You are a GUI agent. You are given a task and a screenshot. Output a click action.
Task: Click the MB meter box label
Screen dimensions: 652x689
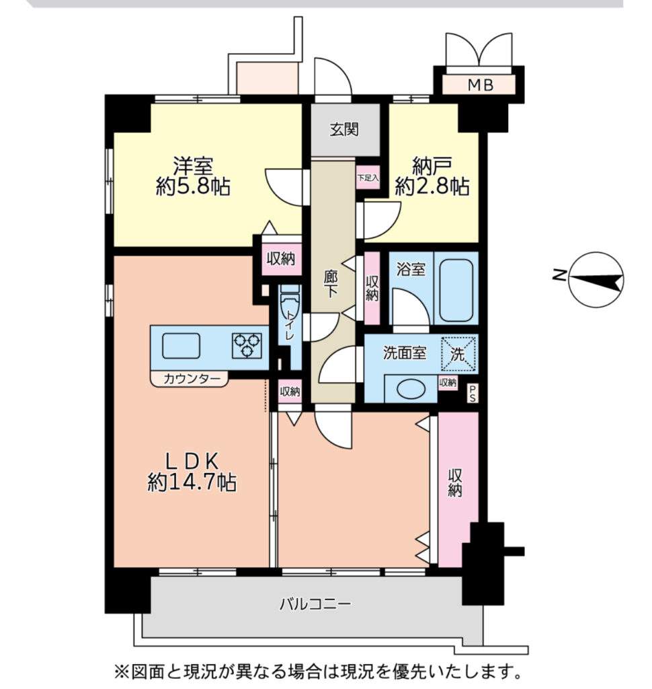pyautogui.click(x=480, y=84)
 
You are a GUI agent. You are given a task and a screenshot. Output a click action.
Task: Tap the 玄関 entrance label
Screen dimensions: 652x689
pyautogui.click(x=344, y=129)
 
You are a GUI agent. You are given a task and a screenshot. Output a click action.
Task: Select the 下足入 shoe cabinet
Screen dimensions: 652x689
pyautogui.click(x=368, y=178)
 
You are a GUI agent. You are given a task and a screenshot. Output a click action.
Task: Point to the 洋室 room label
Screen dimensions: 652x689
pyautogui.click(x=193, y=166)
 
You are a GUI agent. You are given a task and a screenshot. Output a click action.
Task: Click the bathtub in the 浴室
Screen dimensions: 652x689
pyautogui.click(x=456, y=289)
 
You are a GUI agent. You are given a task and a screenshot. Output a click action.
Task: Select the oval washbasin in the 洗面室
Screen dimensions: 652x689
pyautogui.click(x=411, y=388)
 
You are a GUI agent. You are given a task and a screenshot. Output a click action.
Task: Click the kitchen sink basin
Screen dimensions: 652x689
pyautogui.click(x=181, y=346)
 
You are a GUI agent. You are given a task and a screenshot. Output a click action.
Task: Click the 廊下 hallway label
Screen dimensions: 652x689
pyautogui.click(x=330, y=284)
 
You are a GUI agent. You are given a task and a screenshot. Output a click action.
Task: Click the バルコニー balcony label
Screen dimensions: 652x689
pyautogui.click(x=315, y=604)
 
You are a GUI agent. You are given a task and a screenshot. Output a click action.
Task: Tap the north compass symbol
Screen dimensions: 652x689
pyautogui.click(x=597, y=279)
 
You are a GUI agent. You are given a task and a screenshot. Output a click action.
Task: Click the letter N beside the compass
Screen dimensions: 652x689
pyautogui.click(x=559, y=275)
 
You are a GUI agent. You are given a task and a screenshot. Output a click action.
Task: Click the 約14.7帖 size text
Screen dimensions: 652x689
pyautogui.click(x=192, y=482)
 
